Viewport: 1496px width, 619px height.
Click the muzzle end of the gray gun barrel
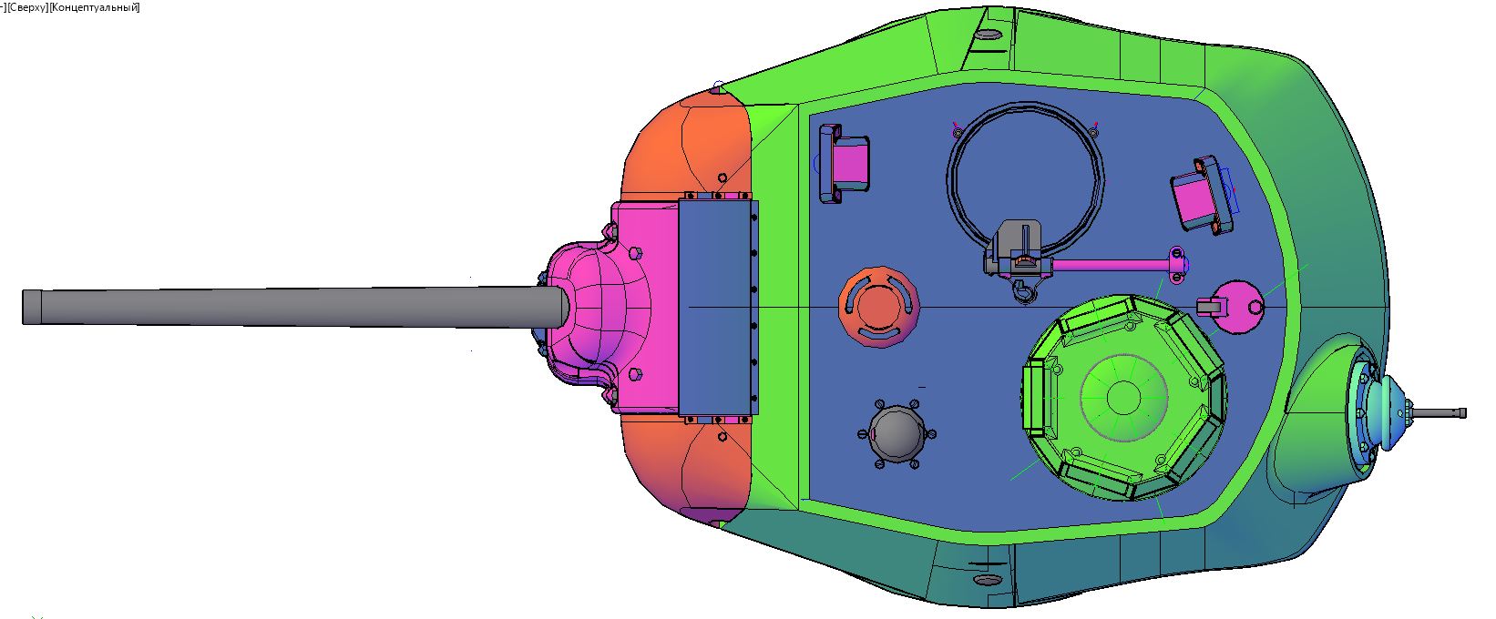pyautogui.click(x=25, y=308)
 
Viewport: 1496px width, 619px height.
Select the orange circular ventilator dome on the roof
pyautogui.click(x=879, y=308)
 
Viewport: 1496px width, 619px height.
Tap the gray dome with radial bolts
pyautogui.click(x=897, y=434)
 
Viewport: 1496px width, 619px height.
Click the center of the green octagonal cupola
pyautogui.click(x=1123, y=398)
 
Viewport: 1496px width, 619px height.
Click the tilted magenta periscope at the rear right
pyautogui.click(x=1202, y=196)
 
